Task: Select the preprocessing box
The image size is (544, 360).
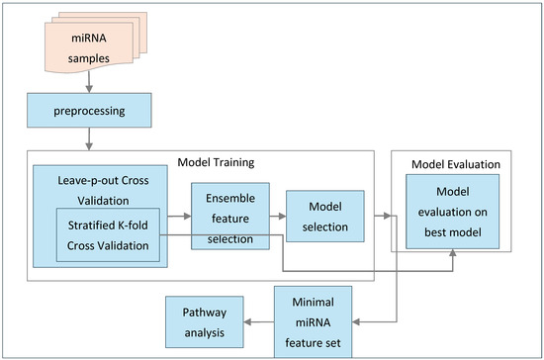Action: pyautogui.click(x=90, y=109)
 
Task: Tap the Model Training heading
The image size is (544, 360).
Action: pyautogui.click(x=217, y=161)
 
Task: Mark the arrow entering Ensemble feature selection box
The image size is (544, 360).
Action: pyautogui.click(x=177, y=213)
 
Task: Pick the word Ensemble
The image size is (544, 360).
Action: pyautogui.click(x=229, y=196)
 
